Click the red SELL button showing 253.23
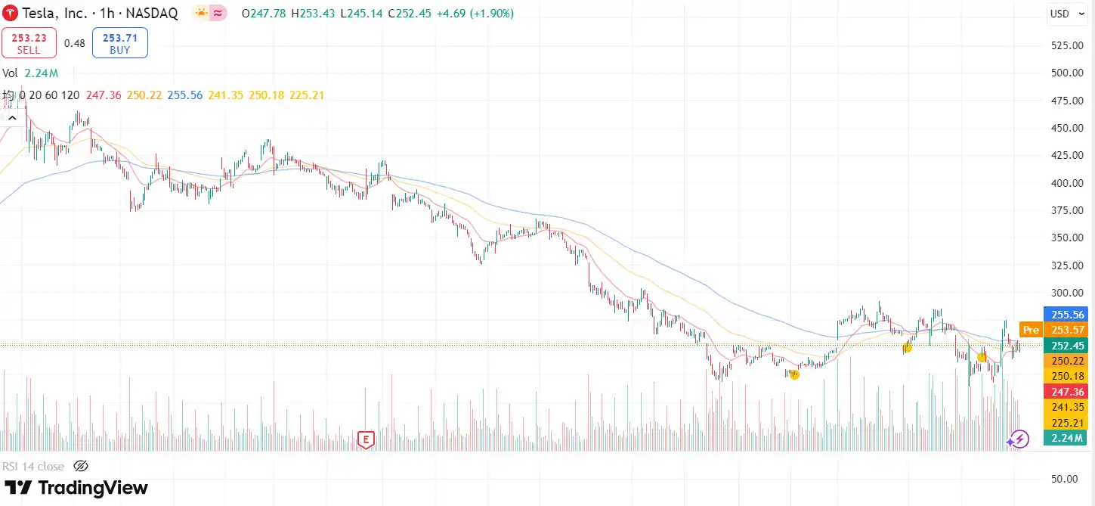point(29,43)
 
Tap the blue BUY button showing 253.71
point(119,43)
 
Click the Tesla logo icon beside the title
point(11,14)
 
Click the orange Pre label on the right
point(1030,330)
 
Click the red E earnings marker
point(366,439)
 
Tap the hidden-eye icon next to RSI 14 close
point(81,466)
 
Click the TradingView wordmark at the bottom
point(76,488)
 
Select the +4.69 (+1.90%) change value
point(475,14)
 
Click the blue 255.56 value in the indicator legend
point(184,95)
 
